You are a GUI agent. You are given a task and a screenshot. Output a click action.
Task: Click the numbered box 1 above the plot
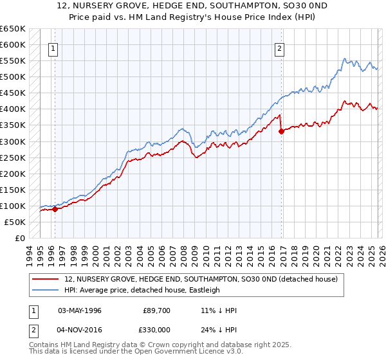click(52, 47)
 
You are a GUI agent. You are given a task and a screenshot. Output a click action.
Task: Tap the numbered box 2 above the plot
click(280, 47)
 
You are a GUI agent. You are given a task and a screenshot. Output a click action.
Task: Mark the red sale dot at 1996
click(55, 209)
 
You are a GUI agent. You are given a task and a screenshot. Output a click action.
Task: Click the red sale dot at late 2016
click(281, 132)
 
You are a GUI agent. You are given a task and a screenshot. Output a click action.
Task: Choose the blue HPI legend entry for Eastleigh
click(142, 290)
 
